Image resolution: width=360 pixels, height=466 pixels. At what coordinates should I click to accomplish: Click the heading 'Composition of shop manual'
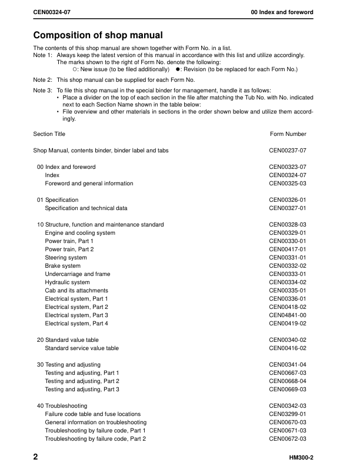point(98,36)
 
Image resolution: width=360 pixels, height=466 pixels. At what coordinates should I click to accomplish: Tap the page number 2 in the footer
point(36,457)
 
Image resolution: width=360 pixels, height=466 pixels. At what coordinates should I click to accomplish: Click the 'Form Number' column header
point(288,134)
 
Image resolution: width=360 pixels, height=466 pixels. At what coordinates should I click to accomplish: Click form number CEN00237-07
point(288,151)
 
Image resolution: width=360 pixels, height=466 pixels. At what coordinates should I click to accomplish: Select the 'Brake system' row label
point(63,266)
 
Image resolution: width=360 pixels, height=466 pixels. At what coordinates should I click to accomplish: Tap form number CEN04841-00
point(288,315)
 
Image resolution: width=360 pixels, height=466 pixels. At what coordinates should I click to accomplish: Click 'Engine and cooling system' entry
point(80,233)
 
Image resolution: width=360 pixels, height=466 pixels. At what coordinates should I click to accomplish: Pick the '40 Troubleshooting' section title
point(62,406)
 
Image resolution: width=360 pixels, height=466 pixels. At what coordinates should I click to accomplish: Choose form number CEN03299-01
point(288,414)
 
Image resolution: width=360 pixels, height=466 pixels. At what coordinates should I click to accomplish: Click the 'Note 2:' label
point(43,79)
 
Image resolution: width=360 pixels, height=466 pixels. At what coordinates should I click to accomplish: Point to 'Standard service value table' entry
point(82,348)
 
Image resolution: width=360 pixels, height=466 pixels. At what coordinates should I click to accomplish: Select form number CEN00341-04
point(288,365)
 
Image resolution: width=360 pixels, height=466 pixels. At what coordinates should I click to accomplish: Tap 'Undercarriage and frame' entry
point(77,274)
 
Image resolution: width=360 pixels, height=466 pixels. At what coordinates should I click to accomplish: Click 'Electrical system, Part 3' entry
point(76,315)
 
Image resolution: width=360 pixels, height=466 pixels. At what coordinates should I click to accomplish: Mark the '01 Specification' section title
point(58,200)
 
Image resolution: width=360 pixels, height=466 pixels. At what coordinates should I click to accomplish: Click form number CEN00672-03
point(288,439)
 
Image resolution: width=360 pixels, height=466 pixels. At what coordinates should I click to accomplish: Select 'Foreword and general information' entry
point(89,184)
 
